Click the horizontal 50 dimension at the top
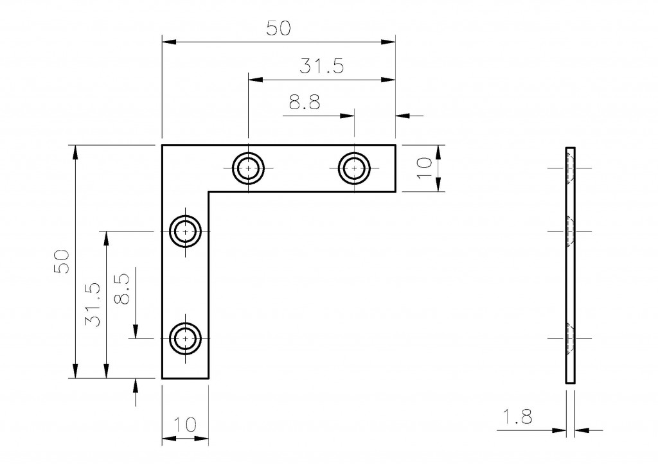pyautogui.click(x=278, y=28)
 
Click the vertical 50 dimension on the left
pyautogui.click(x=62, y=262)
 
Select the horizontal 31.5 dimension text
pyautogui.click(x=322, y=66)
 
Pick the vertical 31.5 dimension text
pyautogui.click(x=92, y=305)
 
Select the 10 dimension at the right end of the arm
pyautogui.click(x=423, y=168)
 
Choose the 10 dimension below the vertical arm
pyautogui.click(x=184, y=425)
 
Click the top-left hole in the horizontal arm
pyautogui.click(x=248, y=168)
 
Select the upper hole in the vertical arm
pyautogui.click(x=186, y=231)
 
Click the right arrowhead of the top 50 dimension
pyautogui.click(x=388, y=42)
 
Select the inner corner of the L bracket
pyautogui.click(x=209, y=191)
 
